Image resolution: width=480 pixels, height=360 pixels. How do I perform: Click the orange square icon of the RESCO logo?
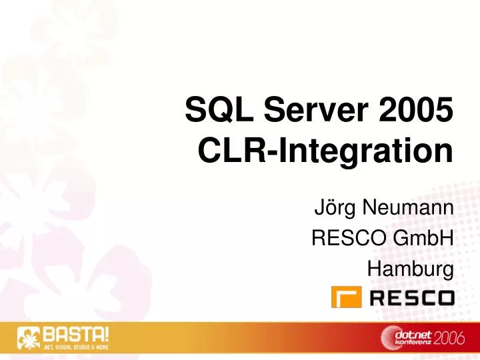pos(346,297)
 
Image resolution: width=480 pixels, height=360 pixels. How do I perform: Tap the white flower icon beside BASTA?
pos(29,339)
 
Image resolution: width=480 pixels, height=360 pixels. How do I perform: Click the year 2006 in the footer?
pos(452,339)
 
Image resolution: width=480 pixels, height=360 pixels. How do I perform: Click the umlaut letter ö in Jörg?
pos(328,213)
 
